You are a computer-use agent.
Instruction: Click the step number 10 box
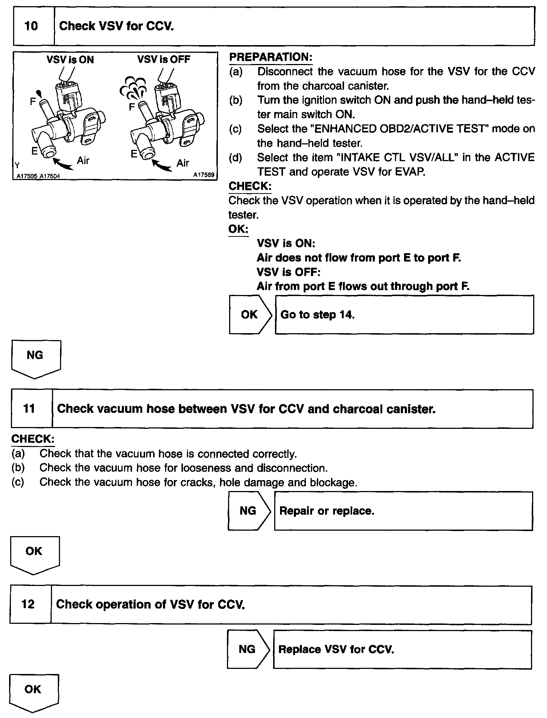pyautogui.click(x=31, y=26)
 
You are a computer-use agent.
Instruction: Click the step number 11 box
pyautogui.click(x=29, y=408)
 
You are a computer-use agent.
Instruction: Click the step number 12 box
pyautogui.click(x=28, y=604)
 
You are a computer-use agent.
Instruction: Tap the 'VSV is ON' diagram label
pyautogui.click(x=70, y=60)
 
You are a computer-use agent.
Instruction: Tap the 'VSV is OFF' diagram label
pyautogui.click(x=164, y=59)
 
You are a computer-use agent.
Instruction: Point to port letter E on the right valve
pyautogui.click(x=134, y=154)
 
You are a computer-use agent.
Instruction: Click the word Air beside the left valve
pyautogui.click(x=83, y=160)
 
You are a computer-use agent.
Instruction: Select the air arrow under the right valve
pyautogui.click(x=162, y=165)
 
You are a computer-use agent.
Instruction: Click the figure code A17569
pyautogui.click(x=204, y=175)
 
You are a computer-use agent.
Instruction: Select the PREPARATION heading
pyautogui.click(x=271, y=57)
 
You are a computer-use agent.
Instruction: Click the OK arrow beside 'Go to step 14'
pyautogui.click(x=249, y=315)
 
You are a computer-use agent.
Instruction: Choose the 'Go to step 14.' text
pyautogui.click(x=318, y=315)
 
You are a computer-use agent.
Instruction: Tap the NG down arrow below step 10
pyautogui.click(x=35, y=358)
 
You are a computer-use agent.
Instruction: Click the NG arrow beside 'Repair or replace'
pyautogui.click(x=248, y=511)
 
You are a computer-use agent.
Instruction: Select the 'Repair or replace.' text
pyautogui.click(x=327, y=511)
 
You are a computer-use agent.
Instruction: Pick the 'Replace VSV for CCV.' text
pyautogui.click(x=336, y=649)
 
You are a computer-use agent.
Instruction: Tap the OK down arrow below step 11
pyautogui.click(x=34, y=554)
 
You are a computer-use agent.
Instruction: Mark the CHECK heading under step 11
pyautogui.click(x=33, y=439)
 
